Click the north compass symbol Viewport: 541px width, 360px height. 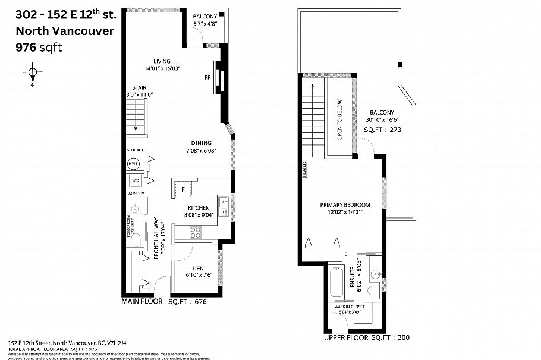coord(33,74)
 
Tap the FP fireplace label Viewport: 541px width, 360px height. coord(207,77)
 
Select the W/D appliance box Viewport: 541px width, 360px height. coord(135,181)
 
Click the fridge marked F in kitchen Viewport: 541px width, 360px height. coord(183,190)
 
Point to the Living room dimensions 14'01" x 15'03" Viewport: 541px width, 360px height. coord(162,68)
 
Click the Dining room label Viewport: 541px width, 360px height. coord(202,143)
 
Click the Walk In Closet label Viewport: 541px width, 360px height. coord(350,307)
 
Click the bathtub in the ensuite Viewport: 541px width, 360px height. coord(335,283)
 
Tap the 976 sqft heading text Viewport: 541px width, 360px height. coord(38,48)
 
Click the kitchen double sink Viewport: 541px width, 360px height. coord(224,206)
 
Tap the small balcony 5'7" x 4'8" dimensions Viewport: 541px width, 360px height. coord(206,23)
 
